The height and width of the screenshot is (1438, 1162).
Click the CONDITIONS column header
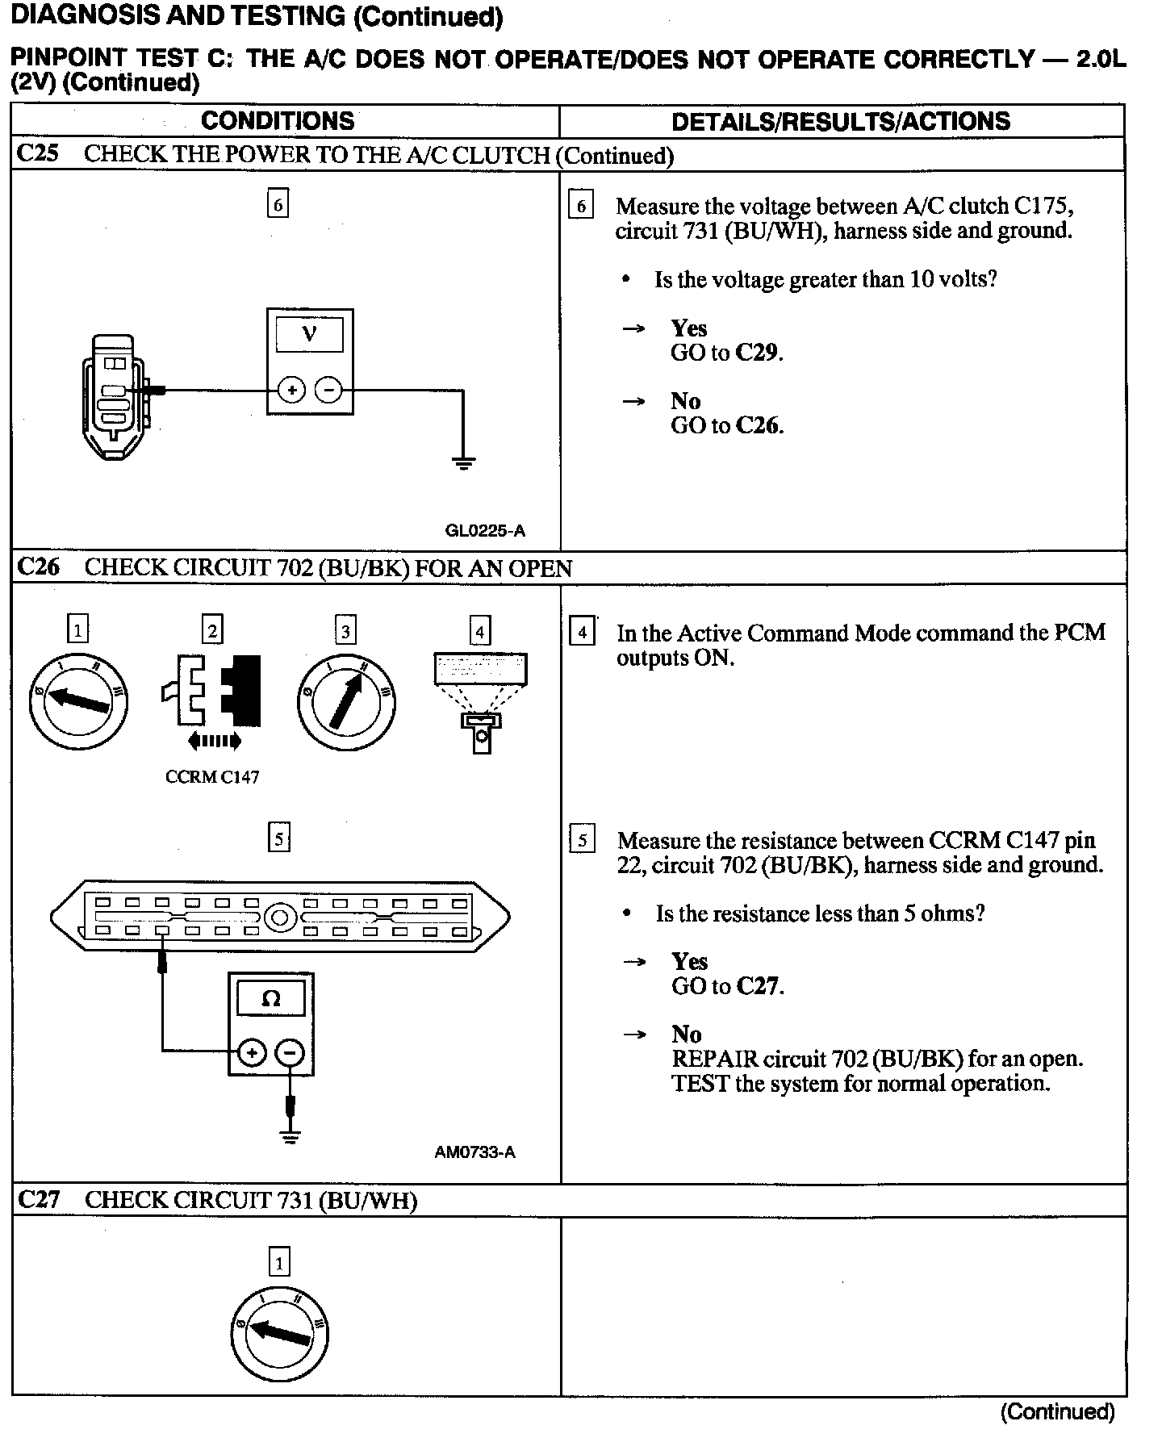[x=278, y=121]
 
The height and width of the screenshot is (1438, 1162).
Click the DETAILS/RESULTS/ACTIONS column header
[x=841, y=121]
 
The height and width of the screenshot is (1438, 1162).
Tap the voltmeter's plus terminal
[x=290, y=391]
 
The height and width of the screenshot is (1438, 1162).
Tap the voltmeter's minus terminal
[x=328, y=391]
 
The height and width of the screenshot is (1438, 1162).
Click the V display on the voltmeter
[x=309, y=334]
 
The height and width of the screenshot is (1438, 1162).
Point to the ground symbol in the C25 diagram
[x=463, y=463]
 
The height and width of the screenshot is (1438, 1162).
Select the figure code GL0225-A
[x=485, y=530]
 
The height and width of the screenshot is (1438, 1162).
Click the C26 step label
[x=38, y=567]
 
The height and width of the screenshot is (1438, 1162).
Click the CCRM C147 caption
[x=212, y=777]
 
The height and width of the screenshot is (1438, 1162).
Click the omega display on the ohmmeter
[x=271, y=1000]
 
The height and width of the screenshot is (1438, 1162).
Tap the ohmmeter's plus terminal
[x=252, y=1051]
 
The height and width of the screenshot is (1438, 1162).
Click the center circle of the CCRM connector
[x=280, y=918]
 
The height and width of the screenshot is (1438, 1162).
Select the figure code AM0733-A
[x=474, y=1152]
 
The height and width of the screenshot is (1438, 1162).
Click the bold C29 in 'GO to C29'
[x=759, y=353]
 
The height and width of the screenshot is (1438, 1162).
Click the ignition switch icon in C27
[x=279, y=1332]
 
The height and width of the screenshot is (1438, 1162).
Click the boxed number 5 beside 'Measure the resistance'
[x=582, y=841]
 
